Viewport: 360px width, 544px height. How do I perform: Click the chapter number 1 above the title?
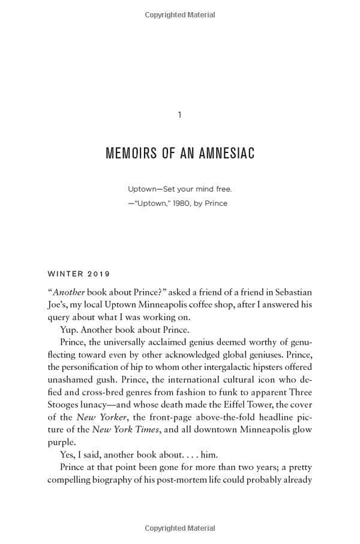coord(179,115)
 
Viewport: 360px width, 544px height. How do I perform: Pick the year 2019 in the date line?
coord(100,274)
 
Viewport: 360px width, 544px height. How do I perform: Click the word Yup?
coord(68,330)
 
